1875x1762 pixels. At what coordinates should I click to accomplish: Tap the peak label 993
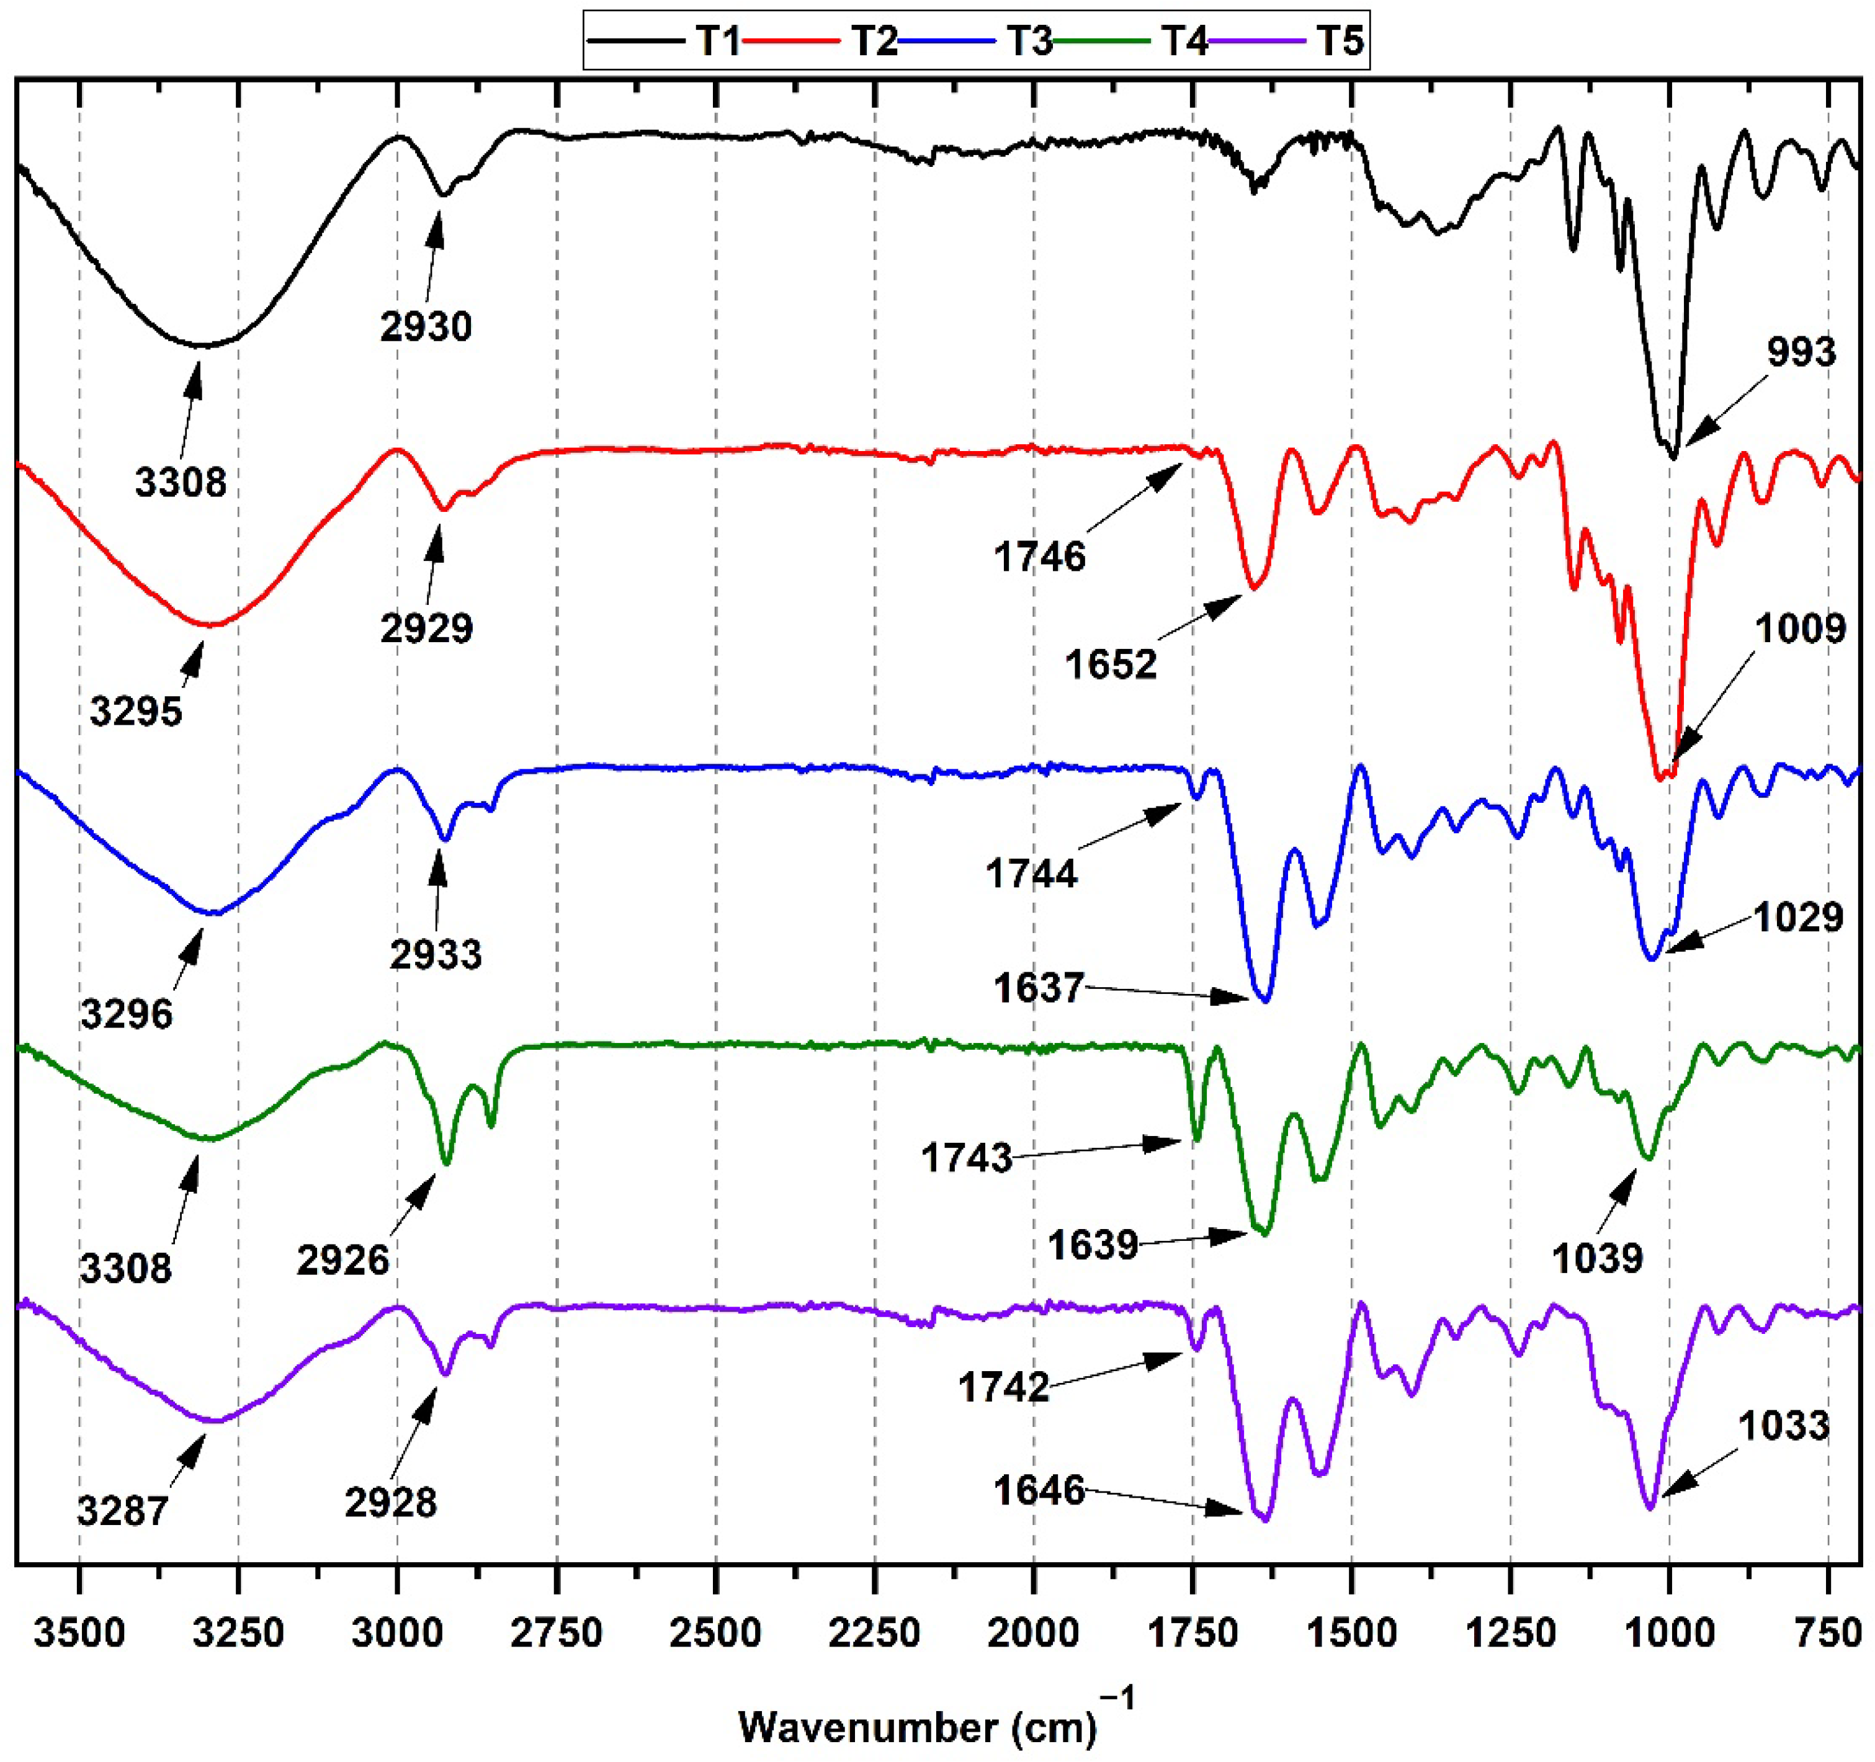1801,352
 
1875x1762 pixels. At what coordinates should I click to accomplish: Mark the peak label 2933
436,955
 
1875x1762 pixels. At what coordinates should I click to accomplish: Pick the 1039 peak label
1598,1258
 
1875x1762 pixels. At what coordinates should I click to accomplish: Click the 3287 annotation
123,1511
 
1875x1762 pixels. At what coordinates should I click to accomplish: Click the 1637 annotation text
1039,988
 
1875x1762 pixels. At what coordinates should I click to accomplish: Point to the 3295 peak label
136,711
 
